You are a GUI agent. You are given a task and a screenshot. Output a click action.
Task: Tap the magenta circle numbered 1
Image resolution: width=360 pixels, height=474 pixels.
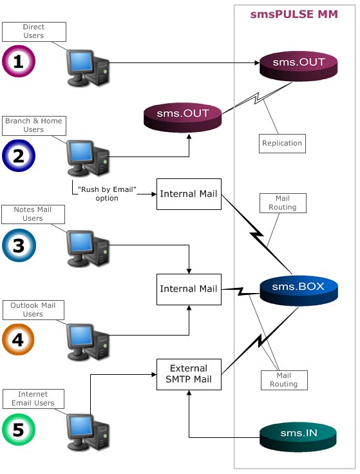(19, 62)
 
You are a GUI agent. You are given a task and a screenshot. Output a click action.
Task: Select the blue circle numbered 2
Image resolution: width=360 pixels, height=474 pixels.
(19, 155)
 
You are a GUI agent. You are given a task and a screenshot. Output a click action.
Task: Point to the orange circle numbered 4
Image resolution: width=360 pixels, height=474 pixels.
(19, 339)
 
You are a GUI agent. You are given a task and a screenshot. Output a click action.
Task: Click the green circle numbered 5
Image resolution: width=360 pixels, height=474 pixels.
(19, 430)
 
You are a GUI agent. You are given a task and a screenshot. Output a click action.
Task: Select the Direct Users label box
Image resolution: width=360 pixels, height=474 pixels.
(33, 32)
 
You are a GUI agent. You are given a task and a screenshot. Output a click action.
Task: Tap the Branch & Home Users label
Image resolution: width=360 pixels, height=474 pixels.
(33, 125)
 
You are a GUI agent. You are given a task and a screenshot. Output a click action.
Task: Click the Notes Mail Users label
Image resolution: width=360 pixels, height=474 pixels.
(33, 214)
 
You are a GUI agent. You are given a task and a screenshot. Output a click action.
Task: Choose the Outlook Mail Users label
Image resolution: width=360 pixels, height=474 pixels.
(33, 309)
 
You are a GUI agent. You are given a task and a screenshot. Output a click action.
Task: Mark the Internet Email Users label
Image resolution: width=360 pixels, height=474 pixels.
(33, 399)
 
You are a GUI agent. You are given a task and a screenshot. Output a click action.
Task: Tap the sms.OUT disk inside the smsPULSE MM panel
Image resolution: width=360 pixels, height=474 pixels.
(298, 64)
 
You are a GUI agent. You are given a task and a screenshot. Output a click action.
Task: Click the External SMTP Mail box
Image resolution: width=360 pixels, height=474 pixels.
(189, 375)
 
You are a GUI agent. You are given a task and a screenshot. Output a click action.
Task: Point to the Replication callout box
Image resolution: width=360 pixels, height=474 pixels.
(282, 143)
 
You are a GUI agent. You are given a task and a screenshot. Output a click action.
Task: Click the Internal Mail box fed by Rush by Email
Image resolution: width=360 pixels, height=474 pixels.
(189, 194)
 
